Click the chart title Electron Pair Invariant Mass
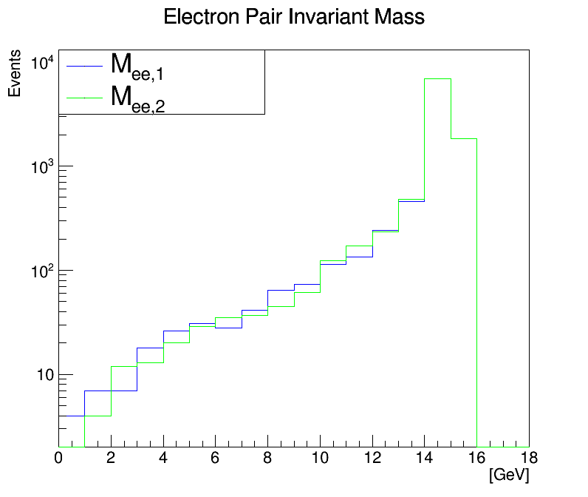[294, 17]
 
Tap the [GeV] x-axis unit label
[509, 473]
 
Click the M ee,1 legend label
[137, 66]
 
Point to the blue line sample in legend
[83, 66]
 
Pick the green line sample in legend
[83, 98]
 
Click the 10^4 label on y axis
[41, 64]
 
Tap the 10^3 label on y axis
[41, 167]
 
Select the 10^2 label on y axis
[41, 271]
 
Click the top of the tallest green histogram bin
[437, 78]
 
